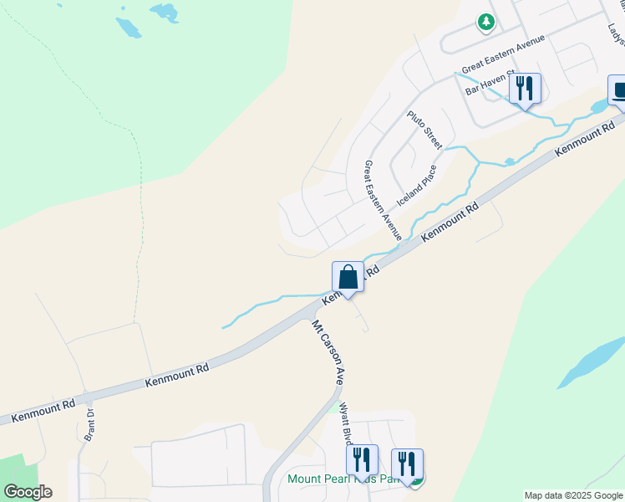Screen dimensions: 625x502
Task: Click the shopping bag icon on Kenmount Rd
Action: pyautogui.click(x=348, y=277)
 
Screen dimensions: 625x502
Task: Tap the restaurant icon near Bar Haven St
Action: pyautogui.click(x=525, y=89)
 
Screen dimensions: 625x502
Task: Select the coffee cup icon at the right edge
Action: pyautogui.click(x=618, y=90)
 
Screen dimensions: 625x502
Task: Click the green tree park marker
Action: pyautogui.click(x=485, y=23)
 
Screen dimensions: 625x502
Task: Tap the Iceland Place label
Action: pyautogui.click(x=417, y=186)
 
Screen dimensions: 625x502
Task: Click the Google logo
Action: pyautogui.click(x=28, y=492)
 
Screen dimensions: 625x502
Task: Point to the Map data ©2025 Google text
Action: pyautogui.click(x=573, y=495)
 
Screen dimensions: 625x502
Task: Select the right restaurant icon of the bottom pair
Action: pyautogui.click(x=407, y=464)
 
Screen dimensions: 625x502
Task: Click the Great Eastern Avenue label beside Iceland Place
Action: pyautogui.click(x=382, y=201)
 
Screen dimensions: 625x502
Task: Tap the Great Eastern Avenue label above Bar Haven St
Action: pyautogui.click(x=503, y=53)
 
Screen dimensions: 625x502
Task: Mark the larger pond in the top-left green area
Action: pyautogui.click(x=129, y=28)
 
